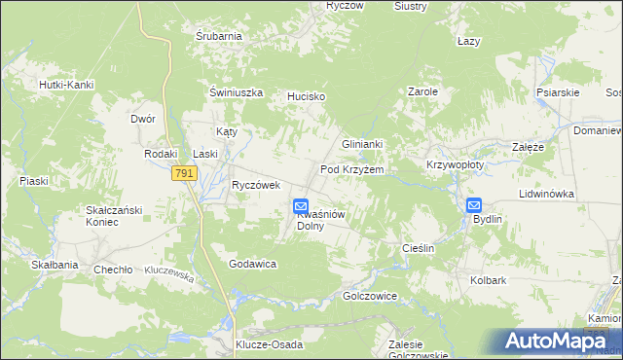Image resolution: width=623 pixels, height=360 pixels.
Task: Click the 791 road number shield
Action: (184, 173)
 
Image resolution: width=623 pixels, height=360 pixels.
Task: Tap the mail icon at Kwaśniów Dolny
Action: (302, 205)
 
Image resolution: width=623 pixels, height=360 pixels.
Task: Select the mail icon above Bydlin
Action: (474, 204)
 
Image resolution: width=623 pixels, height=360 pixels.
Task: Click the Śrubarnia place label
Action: (218, 36)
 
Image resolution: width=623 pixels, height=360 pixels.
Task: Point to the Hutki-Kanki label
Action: (66, 85)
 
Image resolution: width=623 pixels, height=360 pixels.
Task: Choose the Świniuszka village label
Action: (238, 92)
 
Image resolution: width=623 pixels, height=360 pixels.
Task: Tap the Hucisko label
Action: (306, 97)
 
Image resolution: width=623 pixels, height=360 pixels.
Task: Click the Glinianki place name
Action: (362, 144)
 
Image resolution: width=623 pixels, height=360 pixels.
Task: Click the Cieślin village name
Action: (418, 248)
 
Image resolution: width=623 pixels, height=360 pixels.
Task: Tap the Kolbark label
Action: (489, 281)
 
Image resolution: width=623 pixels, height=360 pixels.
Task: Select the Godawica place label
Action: (253, 264)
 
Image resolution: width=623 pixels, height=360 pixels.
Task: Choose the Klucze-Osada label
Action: (270, 345)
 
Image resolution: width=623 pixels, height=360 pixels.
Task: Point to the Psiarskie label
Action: (558, 92)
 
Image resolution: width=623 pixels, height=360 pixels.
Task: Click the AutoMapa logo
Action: (556, 341)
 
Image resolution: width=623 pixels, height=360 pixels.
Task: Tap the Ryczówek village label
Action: (256, 185)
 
